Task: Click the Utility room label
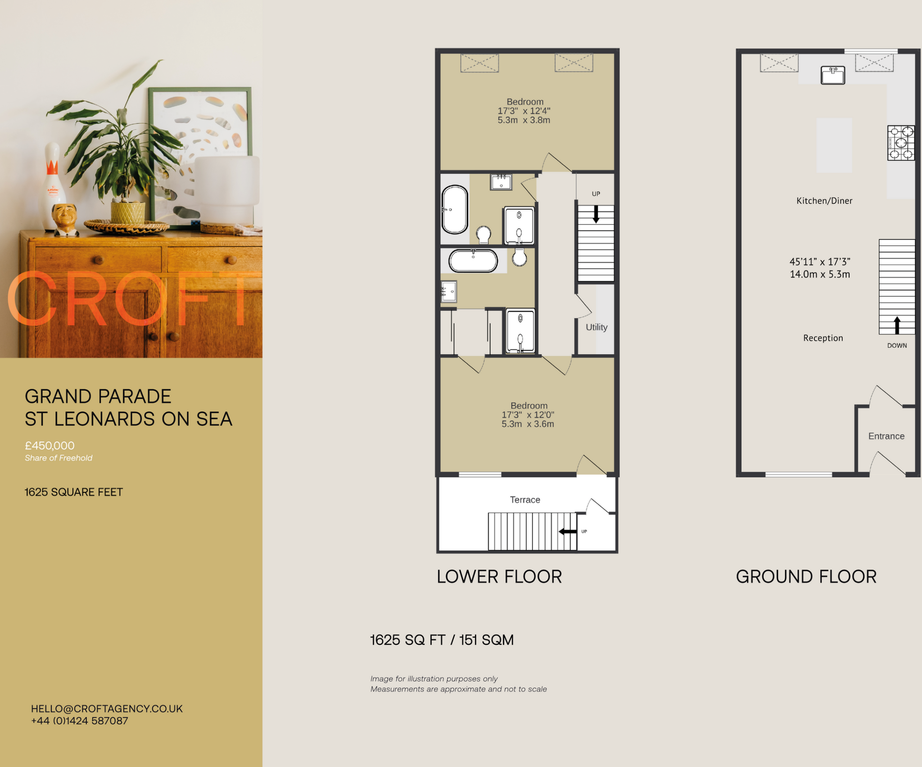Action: point(597,327)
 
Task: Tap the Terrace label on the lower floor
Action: point(525,500)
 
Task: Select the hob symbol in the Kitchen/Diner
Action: point(901,143)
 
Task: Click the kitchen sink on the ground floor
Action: point(833,75)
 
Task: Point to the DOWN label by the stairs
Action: point(897,346)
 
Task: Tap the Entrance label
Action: point(886,436)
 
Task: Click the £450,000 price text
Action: point(50,446)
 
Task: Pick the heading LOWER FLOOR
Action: point(499,577)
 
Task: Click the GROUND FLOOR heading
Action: point(806,577)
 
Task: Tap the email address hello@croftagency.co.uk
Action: point(107,708)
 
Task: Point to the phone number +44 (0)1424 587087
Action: point(80,721)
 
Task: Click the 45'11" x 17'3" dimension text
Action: point(820,262)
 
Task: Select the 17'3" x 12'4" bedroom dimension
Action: point(524,111)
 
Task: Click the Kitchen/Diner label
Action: point(824,201)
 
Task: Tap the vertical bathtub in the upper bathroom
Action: point(455,209)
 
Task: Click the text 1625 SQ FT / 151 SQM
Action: point(442,640)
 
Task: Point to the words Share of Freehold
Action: point(59,458)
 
